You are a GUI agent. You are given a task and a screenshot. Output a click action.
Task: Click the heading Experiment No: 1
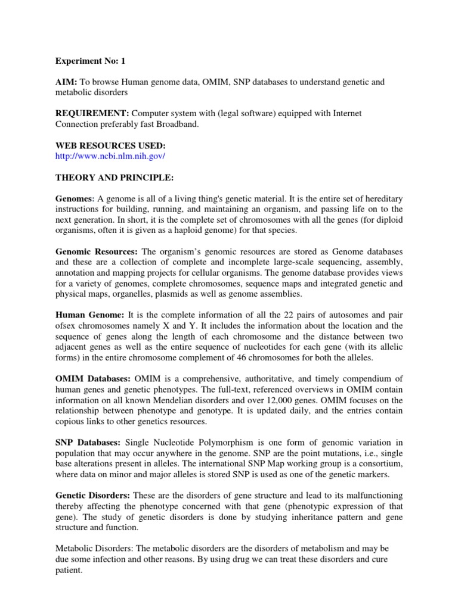point(91,61)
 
